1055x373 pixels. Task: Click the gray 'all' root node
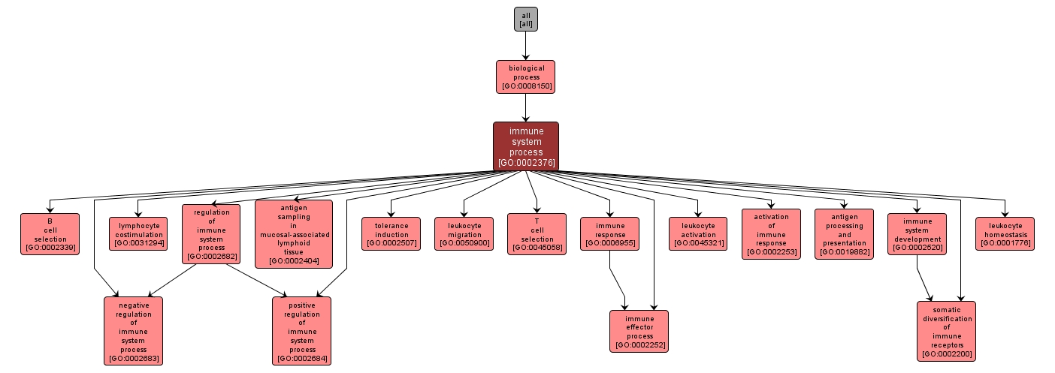coord(525,20)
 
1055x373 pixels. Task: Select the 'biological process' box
coord(525,77)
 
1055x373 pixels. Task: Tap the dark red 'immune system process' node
coord(525,146)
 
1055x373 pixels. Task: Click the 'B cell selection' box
coord(50,233)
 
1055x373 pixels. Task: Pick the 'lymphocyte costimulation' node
coord(139,233)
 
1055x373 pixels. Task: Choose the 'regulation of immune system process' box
coord(211,233)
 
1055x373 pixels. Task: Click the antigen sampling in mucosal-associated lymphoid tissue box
coord(293,233)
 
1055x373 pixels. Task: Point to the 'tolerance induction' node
coord(391,233)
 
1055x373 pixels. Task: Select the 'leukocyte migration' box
coord(464,233)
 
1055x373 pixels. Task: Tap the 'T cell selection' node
coord(537,233)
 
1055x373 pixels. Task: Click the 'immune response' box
coord(609,233)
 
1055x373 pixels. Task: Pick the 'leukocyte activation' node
coord(698,233)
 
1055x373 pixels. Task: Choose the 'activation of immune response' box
coord(771,233)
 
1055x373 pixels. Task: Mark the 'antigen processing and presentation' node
coord(844,233)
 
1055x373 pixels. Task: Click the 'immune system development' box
coord(917,233)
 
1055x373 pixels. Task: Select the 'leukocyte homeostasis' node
coord(1005,233)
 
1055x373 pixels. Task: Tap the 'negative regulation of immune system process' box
coord(133,330)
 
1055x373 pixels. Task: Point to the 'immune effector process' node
coord(639,330)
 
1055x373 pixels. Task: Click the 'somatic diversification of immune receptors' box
coord(946,330)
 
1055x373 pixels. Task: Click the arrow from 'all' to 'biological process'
coord(525,46)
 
